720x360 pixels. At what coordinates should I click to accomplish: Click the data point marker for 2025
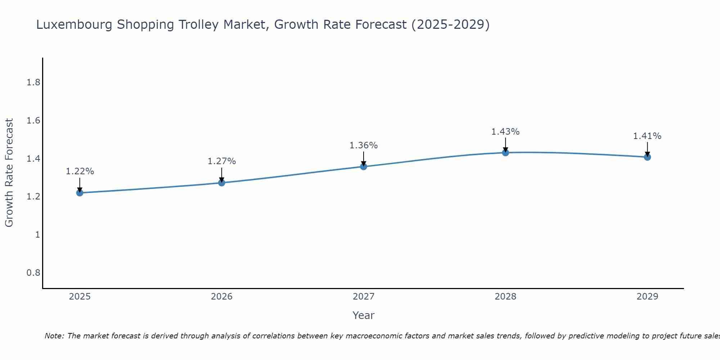80,193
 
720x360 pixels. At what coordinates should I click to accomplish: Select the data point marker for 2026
221,183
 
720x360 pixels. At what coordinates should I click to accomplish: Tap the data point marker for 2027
363,166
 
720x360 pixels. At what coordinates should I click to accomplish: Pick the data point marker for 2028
505,153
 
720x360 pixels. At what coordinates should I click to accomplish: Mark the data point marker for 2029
647,157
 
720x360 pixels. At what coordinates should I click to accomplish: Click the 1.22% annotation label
80,171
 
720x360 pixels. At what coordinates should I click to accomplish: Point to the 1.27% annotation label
221,161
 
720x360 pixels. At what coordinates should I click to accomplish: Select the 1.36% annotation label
363,145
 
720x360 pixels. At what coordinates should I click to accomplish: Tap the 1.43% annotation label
505,132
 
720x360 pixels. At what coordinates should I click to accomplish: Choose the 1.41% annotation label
647,136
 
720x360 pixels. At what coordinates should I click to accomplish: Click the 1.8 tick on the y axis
33,83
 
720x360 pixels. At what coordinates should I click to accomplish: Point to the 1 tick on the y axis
37,235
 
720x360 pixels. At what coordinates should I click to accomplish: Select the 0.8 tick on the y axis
33,273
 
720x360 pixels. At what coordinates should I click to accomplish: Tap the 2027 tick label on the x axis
363,297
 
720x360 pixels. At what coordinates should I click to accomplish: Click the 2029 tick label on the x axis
647,297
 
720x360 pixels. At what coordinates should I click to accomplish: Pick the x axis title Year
363,315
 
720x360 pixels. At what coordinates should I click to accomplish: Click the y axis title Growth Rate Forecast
9,173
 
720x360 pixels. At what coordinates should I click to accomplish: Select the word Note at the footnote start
54,336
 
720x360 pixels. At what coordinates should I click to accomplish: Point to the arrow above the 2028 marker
505,145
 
